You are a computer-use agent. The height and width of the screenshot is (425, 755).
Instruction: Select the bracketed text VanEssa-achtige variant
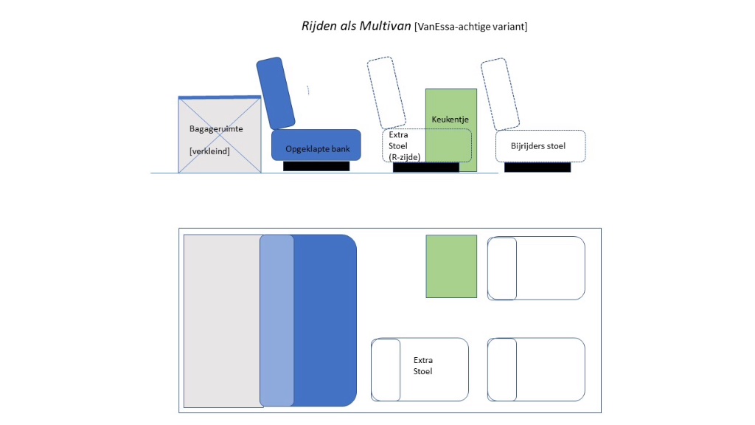click(471, 27)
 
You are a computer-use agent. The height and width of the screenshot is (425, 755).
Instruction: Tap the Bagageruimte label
click(216, 129)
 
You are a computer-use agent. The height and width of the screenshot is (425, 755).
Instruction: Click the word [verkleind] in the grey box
click(209, 151)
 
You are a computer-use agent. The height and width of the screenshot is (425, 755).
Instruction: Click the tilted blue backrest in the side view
click(276, 93)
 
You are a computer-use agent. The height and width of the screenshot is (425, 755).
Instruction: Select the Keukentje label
click(450, 119)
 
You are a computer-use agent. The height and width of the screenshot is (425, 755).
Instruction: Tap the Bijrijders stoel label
click(538, 146)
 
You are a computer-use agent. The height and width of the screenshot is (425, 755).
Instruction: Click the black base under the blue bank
click(316, 166)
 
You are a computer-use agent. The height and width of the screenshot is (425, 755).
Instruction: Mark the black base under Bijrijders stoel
click(537, 167)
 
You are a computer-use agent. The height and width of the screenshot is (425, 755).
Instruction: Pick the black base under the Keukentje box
click(425, 167)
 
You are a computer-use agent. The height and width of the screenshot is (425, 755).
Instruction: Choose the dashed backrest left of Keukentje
click(387, 91)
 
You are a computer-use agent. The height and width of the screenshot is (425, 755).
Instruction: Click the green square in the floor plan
click(451, 266)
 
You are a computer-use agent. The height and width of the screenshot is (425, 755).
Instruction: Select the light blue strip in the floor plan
click(276, 320)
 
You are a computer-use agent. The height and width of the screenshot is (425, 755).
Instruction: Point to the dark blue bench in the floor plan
click(324, 320)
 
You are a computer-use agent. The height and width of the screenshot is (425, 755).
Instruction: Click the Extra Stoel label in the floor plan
click(423, 365)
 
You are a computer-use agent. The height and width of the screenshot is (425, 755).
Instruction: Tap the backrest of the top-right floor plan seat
click(502, 268)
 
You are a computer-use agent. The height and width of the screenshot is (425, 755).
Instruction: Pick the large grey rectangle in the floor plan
click(222, 320)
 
